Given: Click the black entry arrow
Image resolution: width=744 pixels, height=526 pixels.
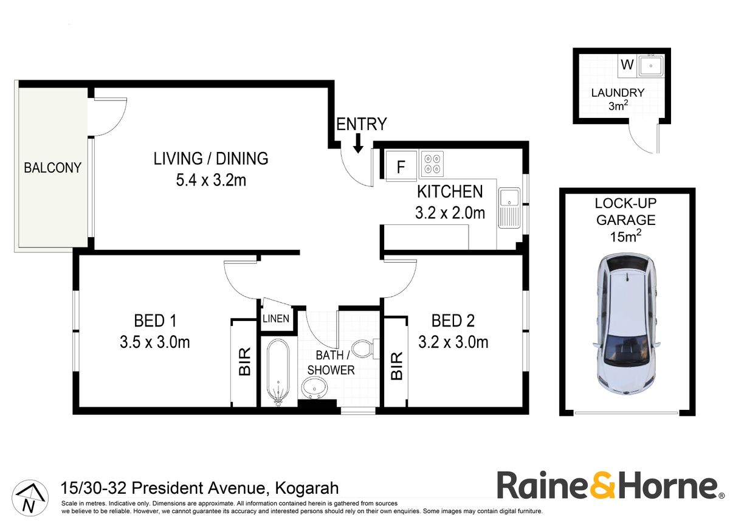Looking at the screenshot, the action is pos(358,144).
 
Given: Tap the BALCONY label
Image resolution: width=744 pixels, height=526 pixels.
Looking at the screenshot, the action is pos(52,168).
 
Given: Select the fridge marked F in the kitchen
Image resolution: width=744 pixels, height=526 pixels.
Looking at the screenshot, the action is pos(401,166).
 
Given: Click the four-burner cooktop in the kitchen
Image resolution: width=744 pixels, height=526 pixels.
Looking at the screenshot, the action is pos(432,164).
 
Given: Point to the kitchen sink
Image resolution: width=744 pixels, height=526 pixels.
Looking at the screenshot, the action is pos(509,208).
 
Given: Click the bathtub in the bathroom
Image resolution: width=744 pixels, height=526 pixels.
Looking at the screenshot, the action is pos(278,372).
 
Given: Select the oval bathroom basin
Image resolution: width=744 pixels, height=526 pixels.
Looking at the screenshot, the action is pos(314,388).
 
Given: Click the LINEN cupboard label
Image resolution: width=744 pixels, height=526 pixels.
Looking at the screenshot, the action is pos(276,319).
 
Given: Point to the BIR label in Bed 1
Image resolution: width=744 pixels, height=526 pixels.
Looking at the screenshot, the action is pos(244,362).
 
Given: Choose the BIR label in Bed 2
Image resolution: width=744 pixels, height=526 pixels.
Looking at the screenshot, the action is pos(396,366).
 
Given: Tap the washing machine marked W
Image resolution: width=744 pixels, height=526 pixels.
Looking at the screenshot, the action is pos(627,64).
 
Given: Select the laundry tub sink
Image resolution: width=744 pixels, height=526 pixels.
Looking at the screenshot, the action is pos(650,66).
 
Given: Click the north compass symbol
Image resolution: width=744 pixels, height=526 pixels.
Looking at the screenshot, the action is pos(30,498).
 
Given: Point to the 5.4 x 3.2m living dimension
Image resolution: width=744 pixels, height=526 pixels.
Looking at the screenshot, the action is pos(211,181).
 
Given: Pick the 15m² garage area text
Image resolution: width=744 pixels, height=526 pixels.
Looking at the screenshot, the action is pos(625,237).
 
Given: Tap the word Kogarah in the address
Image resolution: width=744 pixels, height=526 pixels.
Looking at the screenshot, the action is pos(306,488).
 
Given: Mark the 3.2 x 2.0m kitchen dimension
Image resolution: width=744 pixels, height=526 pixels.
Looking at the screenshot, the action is pos(450,213).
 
